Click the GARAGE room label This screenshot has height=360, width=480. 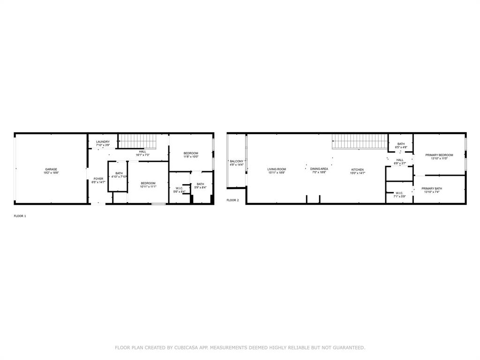tap(51, 169)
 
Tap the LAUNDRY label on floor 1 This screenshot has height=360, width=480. tap(103, 142)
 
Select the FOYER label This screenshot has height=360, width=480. tap(98, 179)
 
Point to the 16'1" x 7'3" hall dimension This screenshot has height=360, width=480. tap(142, 155)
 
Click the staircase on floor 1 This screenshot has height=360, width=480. tap(137, 140)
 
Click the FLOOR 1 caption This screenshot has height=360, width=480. tap(20, 216)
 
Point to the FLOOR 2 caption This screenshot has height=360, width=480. tap(233, 200)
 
